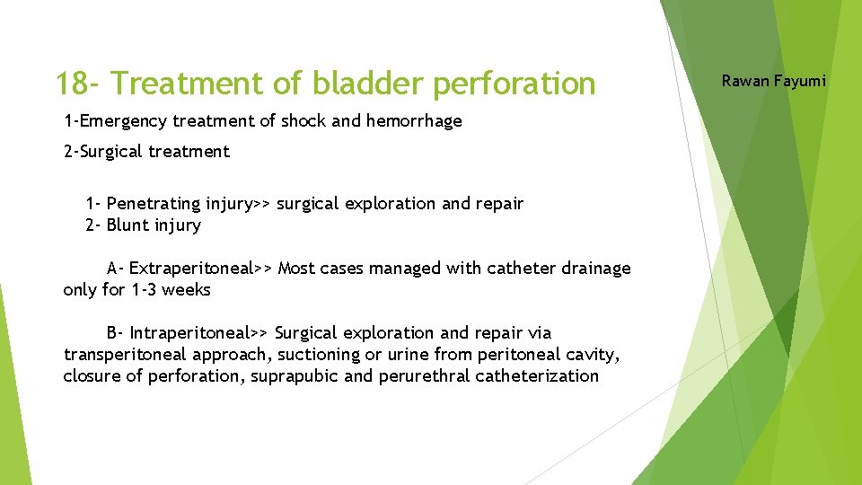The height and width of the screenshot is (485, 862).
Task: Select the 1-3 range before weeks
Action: (x=146, y=290)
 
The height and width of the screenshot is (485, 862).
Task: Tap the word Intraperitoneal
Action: (x=190, y=333)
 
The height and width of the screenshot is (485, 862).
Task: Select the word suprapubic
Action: (x=295, y=376)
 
